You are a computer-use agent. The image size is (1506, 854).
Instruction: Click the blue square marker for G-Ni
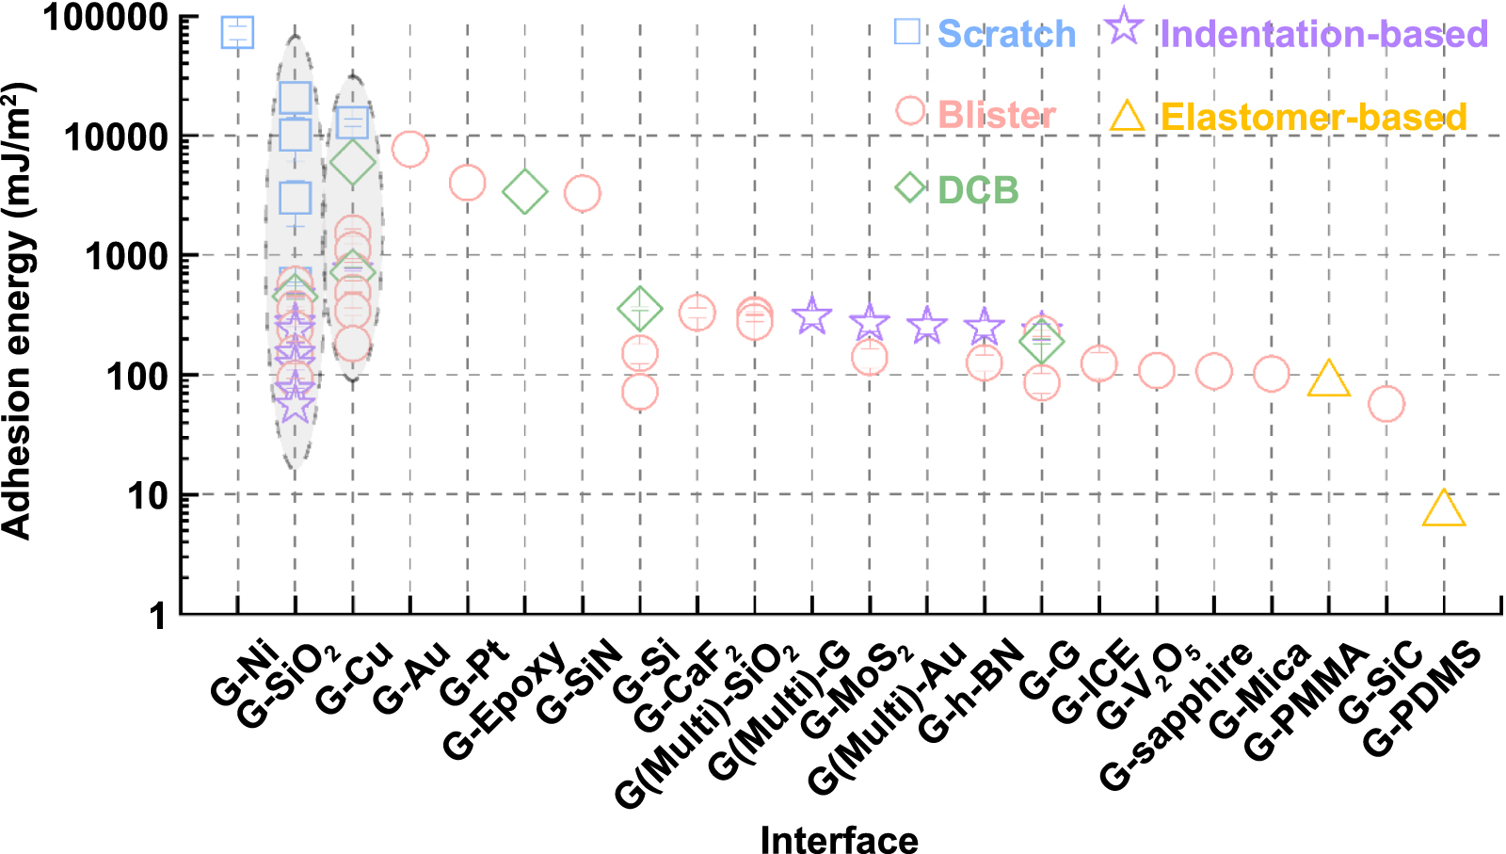point(237,32)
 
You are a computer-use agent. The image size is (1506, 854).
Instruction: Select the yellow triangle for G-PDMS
point(1444,510)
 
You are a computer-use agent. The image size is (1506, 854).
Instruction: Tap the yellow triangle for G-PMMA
point(1329,379)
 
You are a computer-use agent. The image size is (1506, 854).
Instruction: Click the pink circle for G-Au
point(410,149)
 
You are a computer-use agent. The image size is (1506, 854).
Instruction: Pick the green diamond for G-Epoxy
point(525,193)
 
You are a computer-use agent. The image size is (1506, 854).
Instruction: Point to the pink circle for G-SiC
point(1386,404)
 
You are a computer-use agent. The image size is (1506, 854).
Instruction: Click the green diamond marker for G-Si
point(640,309)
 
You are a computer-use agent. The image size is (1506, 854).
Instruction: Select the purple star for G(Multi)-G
point(812,316)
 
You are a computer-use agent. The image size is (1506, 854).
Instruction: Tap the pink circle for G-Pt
point(468,183)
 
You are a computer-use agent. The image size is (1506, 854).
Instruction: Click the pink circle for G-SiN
point(583,194)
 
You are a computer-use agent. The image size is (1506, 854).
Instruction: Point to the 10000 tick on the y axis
point(115,137)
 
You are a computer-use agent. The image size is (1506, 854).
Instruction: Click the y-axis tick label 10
point(147,495)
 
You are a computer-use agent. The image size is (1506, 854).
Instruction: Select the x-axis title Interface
point(839,839)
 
